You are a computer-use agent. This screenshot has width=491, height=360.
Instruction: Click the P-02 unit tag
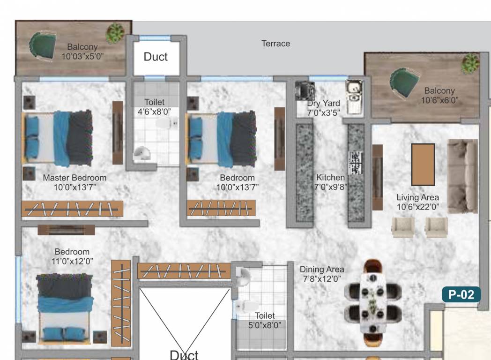[461, 295]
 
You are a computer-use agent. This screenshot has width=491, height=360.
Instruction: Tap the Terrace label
[275, 44]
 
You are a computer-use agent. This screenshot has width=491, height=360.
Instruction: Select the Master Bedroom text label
[74, 178]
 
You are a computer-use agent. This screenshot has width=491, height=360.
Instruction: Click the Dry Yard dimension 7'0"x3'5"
[323, 112]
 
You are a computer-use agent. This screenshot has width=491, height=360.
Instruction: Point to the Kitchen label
[330, 178]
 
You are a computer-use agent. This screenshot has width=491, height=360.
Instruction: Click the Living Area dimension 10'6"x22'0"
[417, 206]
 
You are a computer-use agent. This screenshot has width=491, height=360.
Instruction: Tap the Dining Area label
[322, 270]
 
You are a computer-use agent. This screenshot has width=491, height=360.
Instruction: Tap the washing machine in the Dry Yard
[305, 90]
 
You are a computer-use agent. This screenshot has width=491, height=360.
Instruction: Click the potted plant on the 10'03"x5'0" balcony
[115, 33]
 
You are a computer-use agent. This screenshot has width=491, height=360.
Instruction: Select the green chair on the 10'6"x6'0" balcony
[402, 84]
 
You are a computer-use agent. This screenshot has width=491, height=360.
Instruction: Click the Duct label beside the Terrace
[156, 57]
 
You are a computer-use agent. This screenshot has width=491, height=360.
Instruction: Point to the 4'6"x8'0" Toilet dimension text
[154, 112]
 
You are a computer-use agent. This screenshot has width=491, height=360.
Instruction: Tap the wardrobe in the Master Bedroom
[72, 209]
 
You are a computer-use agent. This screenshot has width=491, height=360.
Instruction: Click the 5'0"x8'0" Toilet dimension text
[265, 325]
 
